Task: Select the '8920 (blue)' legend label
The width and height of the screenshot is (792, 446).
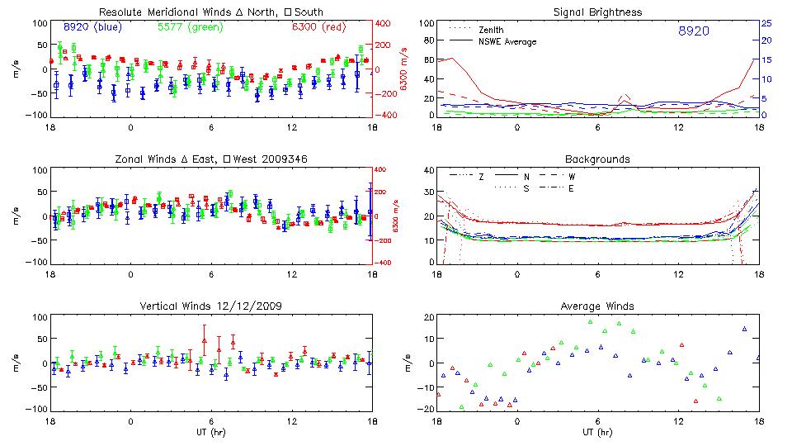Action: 92,27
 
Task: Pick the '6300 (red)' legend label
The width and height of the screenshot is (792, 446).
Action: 317,27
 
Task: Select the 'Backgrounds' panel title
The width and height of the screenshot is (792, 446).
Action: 597,159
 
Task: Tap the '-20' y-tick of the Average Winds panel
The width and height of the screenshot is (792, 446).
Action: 426,410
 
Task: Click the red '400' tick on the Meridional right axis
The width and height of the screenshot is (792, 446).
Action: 385,23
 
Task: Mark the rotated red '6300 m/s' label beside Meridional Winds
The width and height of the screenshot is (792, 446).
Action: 403,69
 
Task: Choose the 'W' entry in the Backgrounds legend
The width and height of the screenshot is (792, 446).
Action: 571,177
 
